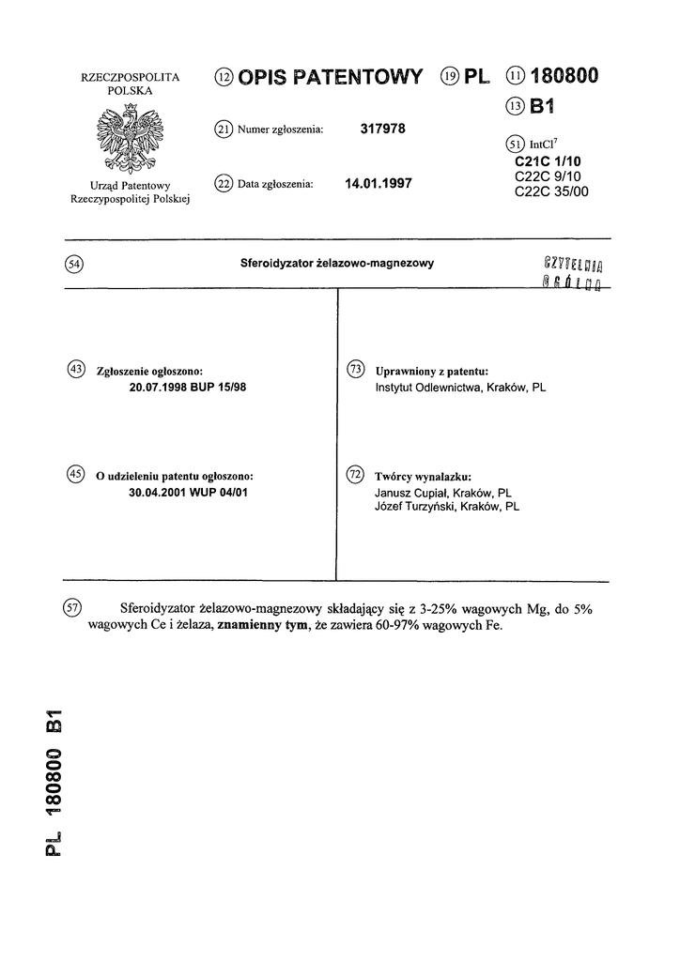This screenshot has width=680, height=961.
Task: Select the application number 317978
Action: [x=382, y=130]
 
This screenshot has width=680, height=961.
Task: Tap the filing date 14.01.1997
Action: [x=379, y=184]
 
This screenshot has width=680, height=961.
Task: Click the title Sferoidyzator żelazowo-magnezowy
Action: [x=337, y=265]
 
